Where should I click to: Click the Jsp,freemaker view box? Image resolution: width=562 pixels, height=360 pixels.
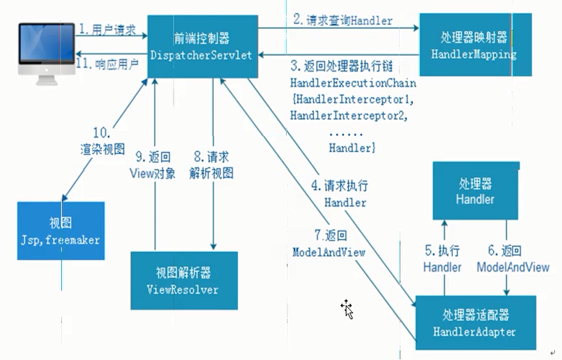[60, 230]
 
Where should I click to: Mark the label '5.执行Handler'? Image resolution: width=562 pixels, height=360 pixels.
[442, 259]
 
